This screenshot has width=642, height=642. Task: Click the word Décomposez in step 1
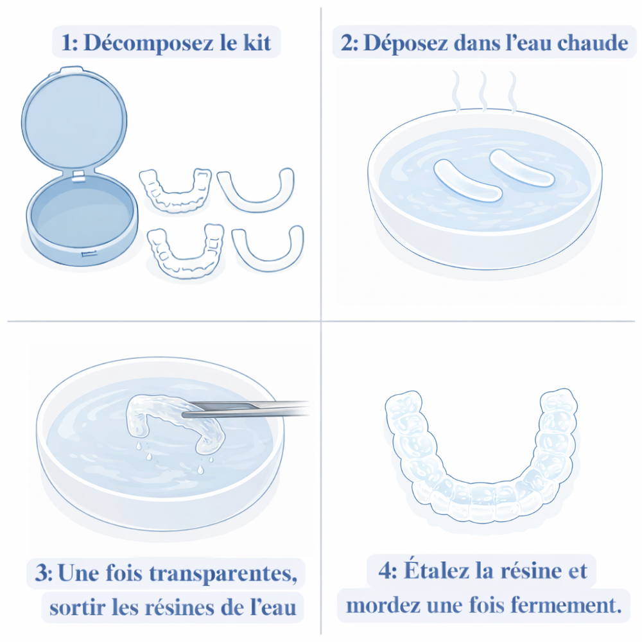(148, 43)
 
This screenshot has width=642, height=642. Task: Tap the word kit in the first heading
(257, 42)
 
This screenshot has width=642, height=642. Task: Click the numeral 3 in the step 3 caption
(41, 573)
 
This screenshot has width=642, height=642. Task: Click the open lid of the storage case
(74, 119)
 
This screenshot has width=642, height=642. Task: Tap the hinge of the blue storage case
(78, 175)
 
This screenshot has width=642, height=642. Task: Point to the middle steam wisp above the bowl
(483, 91)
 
